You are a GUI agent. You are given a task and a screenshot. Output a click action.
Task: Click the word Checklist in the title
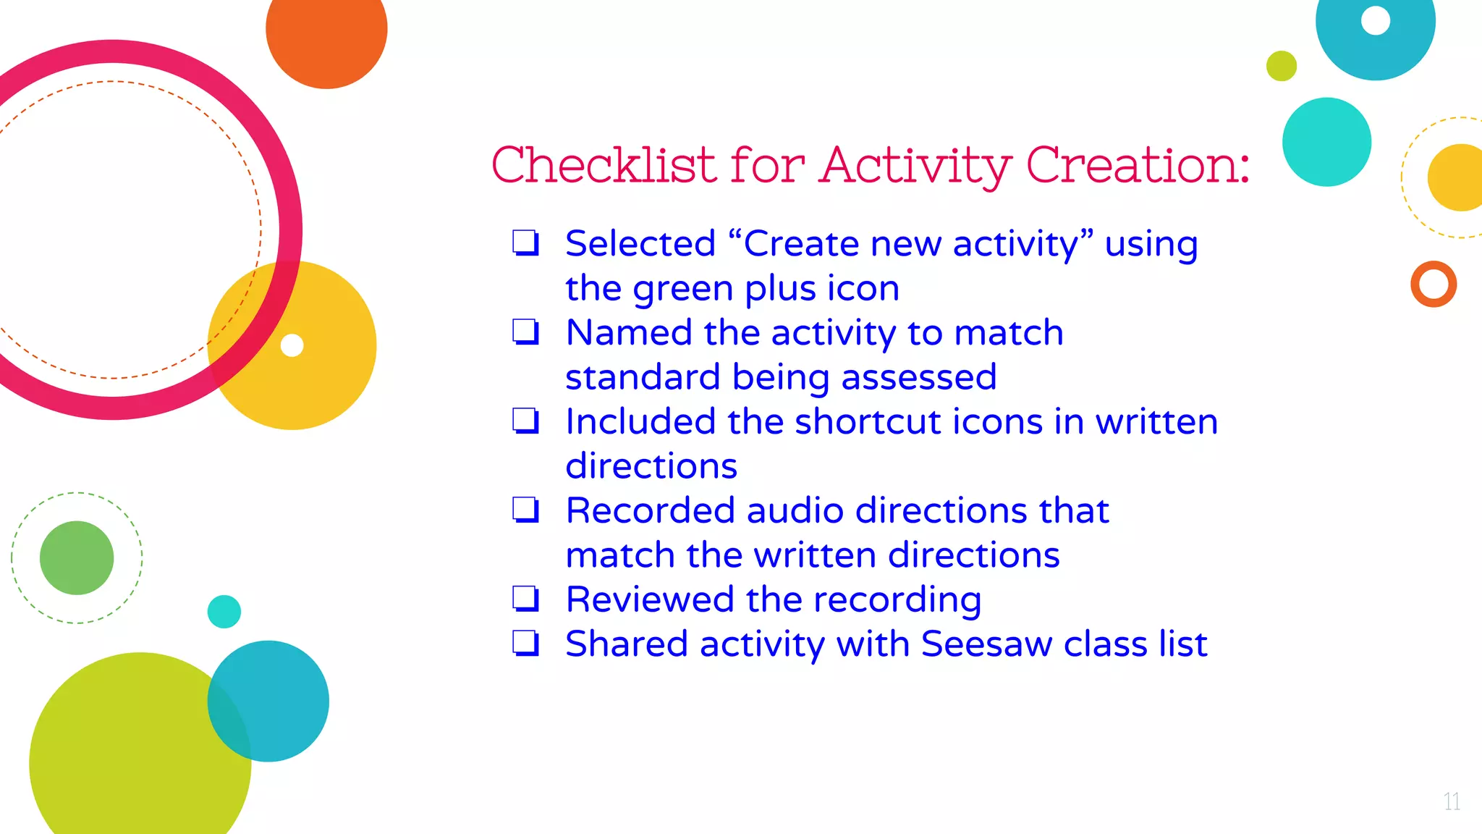(x=604, y=165)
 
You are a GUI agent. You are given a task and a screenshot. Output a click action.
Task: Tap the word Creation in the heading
(x=1136, y=165)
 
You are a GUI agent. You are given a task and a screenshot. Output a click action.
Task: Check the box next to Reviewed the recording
(x=525, y=599)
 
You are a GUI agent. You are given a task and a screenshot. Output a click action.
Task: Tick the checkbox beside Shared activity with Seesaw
(x=525, y=644)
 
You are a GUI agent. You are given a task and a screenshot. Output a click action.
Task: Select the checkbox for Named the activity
(x=525, y=332)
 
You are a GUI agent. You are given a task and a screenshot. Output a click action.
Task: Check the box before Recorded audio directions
(x=525, y=510)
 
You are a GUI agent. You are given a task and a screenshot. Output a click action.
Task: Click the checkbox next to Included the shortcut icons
(x=525, y=421)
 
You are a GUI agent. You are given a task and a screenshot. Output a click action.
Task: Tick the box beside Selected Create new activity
(x=525, y=243)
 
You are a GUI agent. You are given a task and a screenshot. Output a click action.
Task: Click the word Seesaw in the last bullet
(x=986, y=644)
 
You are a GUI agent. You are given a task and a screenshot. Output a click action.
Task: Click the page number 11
(x=1451, y=801)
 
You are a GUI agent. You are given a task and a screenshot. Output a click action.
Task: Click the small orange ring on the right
(x=1434, y=285)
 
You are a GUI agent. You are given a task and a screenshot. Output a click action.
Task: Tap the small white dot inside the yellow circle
(x=292, y=345)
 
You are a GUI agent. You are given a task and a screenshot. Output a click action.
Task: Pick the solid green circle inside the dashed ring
(x=77, y=557)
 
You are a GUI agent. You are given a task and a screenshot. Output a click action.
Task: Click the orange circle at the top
(x=326, y=33)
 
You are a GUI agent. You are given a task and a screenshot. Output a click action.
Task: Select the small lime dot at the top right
(x=1282, y=66)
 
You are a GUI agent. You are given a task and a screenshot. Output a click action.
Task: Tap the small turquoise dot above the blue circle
(x=224, y=612)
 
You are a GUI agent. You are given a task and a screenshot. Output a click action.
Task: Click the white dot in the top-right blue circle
(x=1376, y=20)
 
